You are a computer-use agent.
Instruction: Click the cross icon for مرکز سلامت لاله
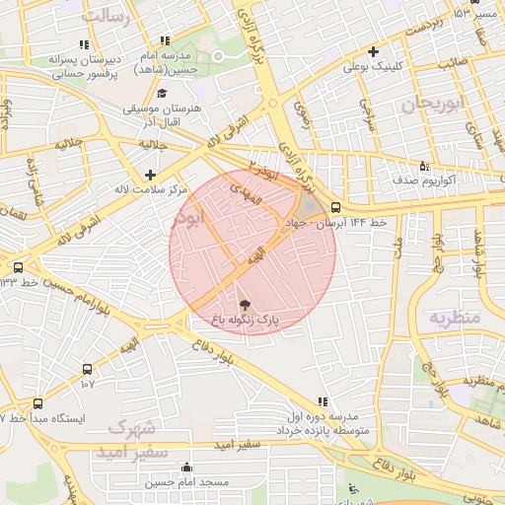[x=151, y=175]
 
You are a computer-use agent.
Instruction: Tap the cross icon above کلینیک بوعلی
[x=373, y=51]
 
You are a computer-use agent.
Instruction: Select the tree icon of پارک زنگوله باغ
[x=245, y=305]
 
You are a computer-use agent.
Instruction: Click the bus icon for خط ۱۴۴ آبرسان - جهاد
[x=336, y=208]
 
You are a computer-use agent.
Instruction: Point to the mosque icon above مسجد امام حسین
[x=187, y=468]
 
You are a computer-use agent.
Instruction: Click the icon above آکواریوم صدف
[x=424, y=166]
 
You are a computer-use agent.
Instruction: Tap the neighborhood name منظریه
[x=453, y=318]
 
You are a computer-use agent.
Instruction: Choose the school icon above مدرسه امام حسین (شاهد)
[x=165, y=40]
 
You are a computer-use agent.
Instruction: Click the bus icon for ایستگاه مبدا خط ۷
[x=37, y=403]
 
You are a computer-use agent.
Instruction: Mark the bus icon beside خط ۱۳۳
[x=18, y=267]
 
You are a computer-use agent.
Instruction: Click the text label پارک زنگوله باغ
[x=245, y=322]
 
